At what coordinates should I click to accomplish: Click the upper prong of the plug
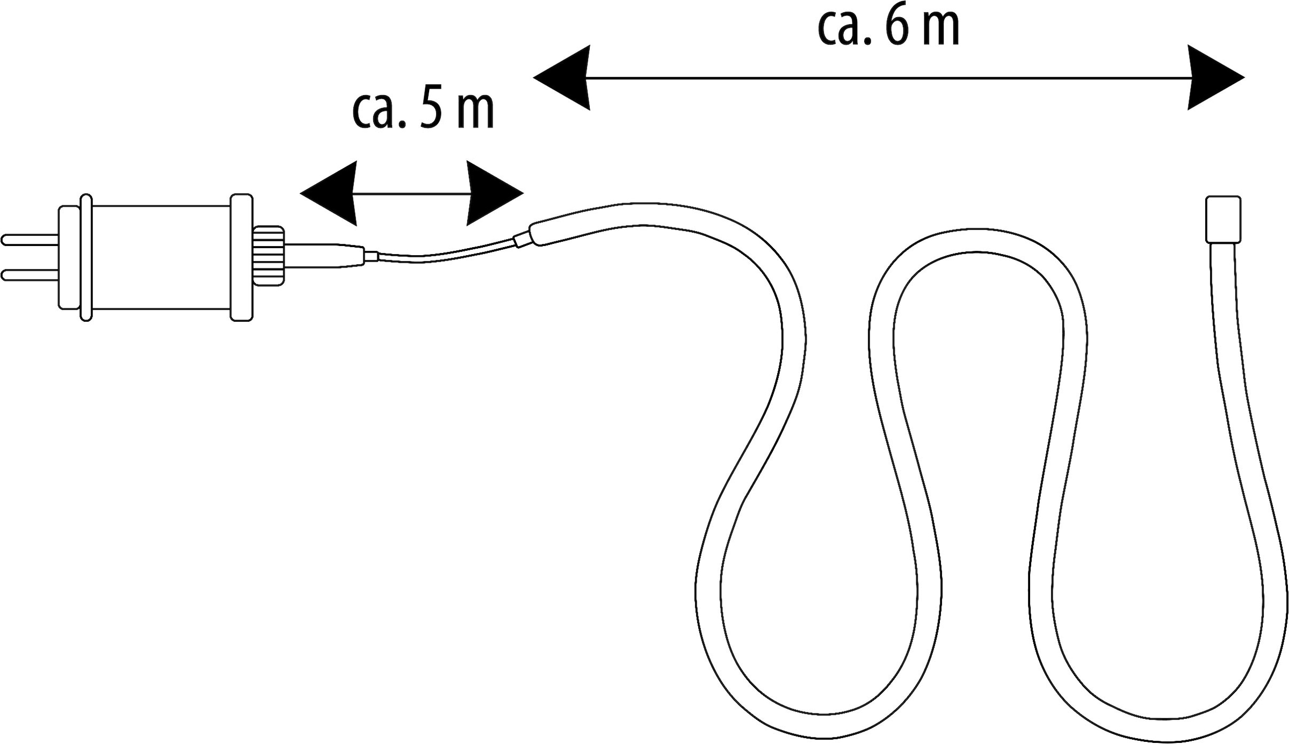point(30,240)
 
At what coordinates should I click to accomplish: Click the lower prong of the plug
point(30,275)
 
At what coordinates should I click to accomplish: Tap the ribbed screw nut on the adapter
point(269,256)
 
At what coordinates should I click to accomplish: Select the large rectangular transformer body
point(161,257)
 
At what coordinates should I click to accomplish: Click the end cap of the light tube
point(1223,219)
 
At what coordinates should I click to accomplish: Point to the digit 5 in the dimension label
point(431,110)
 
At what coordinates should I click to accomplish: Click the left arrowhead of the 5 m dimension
point(329,193)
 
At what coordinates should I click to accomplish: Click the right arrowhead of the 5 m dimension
point(495,193)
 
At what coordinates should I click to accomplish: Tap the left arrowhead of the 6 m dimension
point(562,77)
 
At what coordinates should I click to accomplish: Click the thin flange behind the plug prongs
point(86,257)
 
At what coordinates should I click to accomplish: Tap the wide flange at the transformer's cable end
point(242,257)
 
